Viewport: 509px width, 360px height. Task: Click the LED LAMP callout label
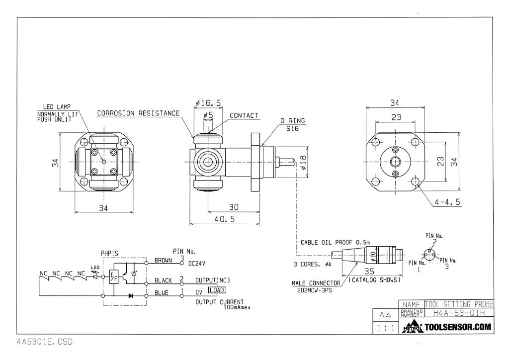[57, 106]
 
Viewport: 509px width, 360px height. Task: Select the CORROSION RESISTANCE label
[138, 113]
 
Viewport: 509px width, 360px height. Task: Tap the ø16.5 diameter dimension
[209, 103]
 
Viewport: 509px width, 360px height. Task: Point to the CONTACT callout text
[244, 116]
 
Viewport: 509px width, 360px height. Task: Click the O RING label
[292, 121]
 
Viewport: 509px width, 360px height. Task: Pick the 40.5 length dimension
[224, 219]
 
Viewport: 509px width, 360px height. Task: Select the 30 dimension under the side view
[234, 206]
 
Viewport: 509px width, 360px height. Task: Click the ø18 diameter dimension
[303, 162]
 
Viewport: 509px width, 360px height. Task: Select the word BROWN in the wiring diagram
[163, 260]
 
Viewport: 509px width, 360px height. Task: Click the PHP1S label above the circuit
[109, 253]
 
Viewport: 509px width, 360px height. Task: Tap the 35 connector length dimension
[368, 271]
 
